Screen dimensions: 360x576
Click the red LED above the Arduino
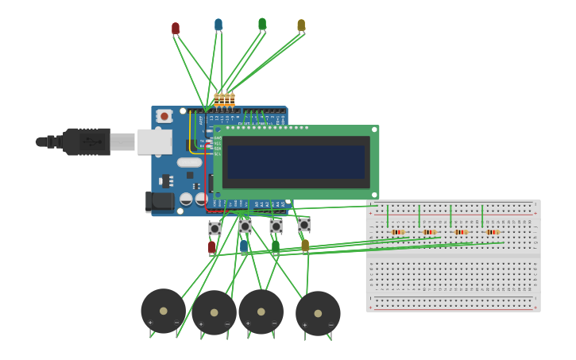click(176, 28)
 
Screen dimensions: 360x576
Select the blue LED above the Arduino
click(218, 25)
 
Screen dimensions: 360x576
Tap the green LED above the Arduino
click(262, 24)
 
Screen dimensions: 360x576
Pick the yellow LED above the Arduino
click(301, 25)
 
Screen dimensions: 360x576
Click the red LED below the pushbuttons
click(211, 247)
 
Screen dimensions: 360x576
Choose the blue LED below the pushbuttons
click(244, 246)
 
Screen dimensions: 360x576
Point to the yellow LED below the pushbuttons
click(305, 246)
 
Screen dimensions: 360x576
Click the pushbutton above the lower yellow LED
click(304, 226)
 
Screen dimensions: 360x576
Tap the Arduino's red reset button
click(164, 116)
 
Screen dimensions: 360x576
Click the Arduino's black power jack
click(159, 202)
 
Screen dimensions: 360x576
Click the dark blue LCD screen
click(296, 162)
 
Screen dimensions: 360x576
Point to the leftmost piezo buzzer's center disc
click(163, 311)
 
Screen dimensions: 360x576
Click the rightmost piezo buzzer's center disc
click(318, 313)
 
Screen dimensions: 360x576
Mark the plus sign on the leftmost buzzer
click(150, 323)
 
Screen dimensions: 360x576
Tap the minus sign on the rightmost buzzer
click(331, 324)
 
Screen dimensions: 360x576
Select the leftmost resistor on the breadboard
click(397, 232)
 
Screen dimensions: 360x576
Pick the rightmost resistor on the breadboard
click(493, 232)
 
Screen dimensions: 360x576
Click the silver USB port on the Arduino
click(154, 141)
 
